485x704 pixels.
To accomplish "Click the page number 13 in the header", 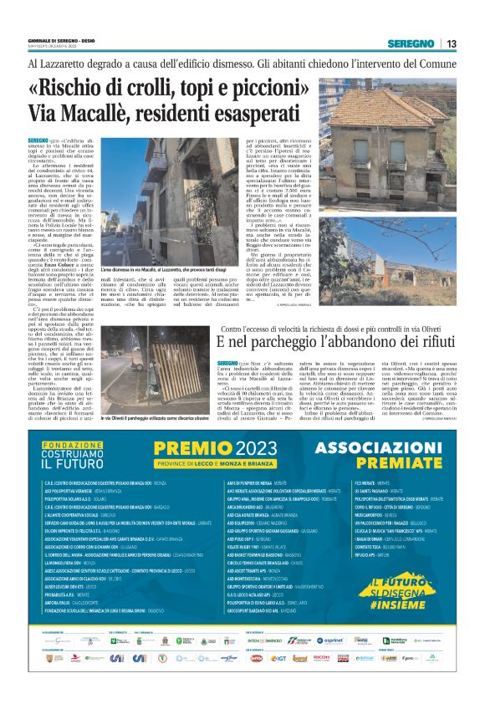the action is (x=451, y=43).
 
